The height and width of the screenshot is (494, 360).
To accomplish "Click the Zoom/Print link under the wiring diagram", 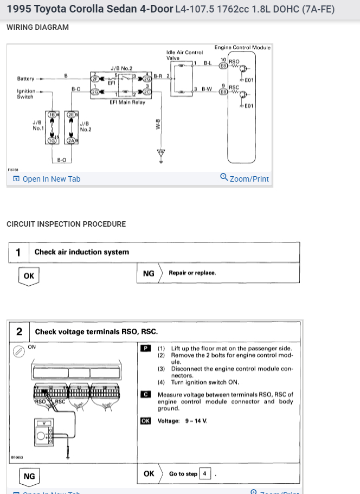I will (245, 178).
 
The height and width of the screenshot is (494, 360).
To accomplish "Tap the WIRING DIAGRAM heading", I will (37, 27).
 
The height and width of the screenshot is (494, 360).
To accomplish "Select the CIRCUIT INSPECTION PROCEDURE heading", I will (66, 224).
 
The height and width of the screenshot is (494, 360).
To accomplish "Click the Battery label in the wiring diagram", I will (25, 79).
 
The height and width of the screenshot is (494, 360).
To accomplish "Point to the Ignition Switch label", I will (25, 94).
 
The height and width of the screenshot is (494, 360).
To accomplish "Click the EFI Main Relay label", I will (127, 102).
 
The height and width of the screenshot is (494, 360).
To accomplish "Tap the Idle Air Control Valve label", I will (184, 55).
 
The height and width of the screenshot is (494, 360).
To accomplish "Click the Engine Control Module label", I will (242, 48).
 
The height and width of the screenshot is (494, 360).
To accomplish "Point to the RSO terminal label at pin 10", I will (234, 61).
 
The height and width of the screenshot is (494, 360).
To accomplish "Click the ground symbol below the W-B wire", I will (160, 152).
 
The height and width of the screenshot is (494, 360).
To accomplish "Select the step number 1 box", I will (18, 252).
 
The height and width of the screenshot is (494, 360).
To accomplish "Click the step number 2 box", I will (19, 331).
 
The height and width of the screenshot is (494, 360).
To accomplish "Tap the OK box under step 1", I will (29, 275).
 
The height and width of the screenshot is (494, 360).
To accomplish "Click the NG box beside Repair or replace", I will (149, 273).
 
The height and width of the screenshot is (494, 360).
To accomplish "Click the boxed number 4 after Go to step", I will (205, 473).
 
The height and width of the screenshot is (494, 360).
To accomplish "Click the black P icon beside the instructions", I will (145, 348).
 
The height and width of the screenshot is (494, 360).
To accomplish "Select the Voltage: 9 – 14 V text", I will (183, 421).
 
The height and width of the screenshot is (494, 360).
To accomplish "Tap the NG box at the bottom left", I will (29, 476).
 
